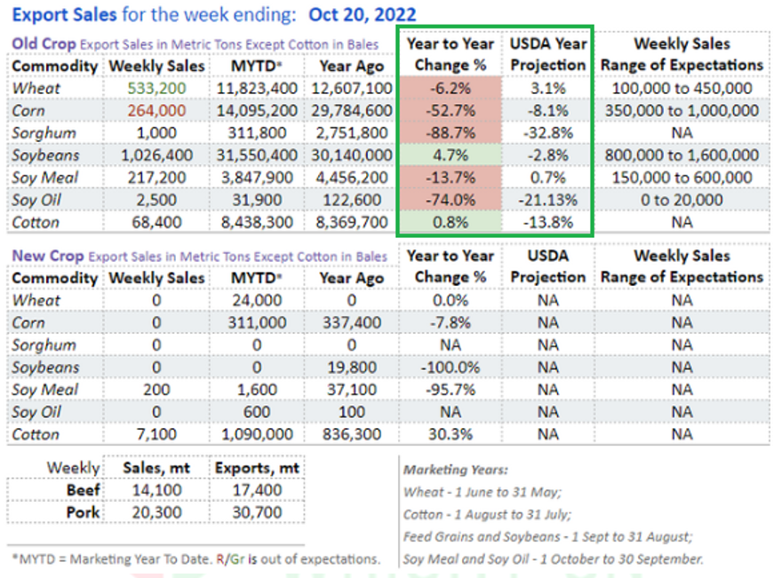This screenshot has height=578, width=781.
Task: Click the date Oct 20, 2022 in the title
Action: click(362, 14)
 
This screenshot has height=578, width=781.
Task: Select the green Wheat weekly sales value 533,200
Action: click(156, 88)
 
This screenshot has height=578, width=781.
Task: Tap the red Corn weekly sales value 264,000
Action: click(156, 110)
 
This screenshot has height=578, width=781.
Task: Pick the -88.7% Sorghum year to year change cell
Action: click(450, 132)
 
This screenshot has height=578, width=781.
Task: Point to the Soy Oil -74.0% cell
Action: click(450, 200)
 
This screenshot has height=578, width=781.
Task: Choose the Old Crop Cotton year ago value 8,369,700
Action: click(351, 222)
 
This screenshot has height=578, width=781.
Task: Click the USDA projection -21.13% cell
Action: click(548, 200)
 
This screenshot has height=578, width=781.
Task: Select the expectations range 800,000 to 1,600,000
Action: click(681, 155)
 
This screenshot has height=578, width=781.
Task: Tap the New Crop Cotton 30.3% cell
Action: click(450, 434)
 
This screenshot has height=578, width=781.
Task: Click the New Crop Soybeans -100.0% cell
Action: click(450, 368)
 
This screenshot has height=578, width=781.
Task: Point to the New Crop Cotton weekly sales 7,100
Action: click(156, 434)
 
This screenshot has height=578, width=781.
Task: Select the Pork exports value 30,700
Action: click(256, 512)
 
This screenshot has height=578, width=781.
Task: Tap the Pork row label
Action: click(85, 512)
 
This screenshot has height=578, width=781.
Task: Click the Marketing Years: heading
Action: click(456, 469)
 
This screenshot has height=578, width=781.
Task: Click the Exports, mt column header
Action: click(256, 468)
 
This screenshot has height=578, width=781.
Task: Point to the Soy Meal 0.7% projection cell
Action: click(548, 178)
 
